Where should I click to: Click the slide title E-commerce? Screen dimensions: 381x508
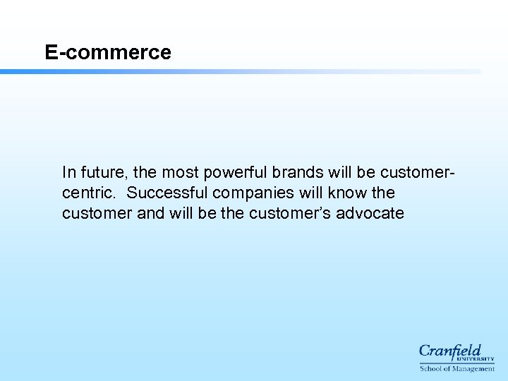pyautogui.click(x=108, y=52)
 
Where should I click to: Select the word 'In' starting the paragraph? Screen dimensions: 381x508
pyautogui.click(x=68, y=172)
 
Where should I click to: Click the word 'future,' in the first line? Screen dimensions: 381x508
pyautogui.click(x=104, y=172)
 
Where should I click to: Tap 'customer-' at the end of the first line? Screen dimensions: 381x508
pyautogui.click(x=417, y=172)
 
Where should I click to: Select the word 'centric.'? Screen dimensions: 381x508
pyautogui.click(x=89, y=193)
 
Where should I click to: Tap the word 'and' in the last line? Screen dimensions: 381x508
pyautogui.click(x=150, y=213)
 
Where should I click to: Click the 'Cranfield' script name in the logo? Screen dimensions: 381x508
pyautogui.click(x=449, y=350)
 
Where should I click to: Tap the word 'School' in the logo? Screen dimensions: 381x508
pyautogui.click(x=431, y=368)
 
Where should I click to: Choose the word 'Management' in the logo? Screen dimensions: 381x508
pyautogui.click(x=473, y=368)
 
